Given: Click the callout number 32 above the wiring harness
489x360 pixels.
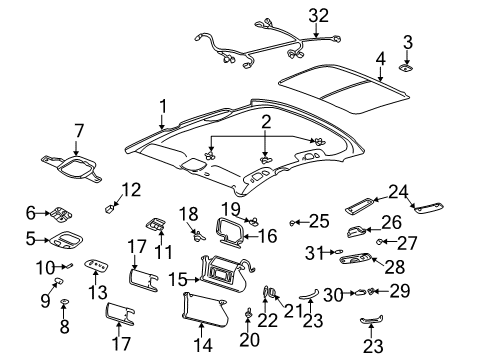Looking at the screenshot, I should click(318, 14).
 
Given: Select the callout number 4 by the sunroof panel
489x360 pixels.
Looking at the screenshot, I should click(379, 58).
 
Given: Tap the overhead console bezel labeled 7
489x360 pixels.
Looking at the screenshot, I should click(72, 166).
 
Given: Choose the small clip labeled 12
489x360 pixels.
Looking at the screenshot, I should click(111, 208).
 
